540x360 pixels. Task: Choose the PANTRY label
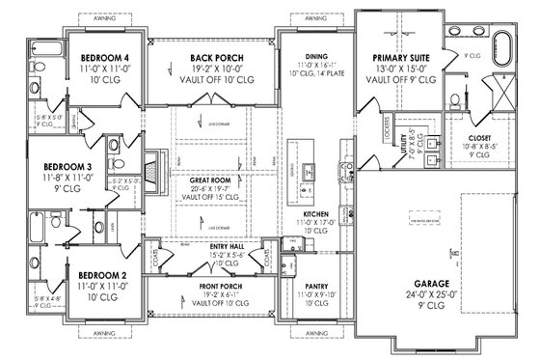315,286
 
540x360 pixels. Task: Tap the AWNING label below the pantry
315,352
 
